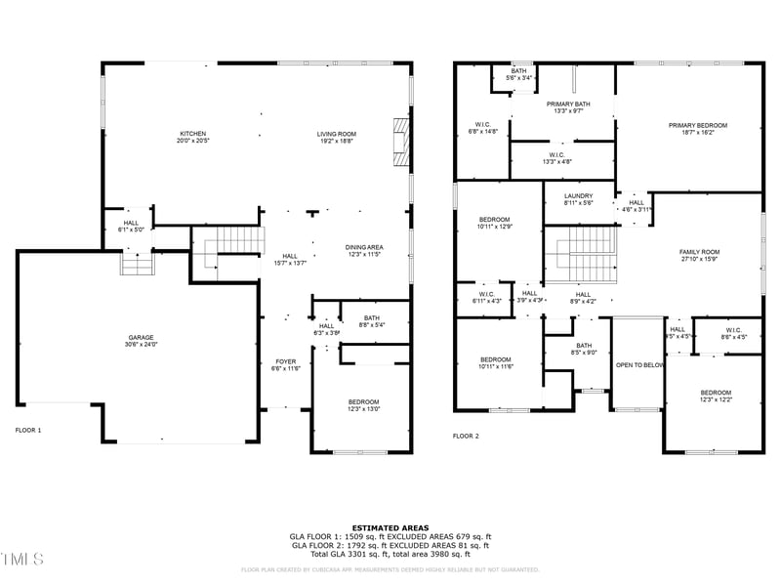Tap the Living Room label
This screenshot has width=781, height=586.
336,138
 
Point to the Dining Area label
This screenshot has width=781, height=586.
363,251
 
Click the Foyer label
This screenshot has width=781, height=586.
285,364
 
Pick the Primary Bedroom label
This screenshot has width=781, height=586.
697,129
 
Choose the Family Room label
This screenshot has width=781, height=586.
699,255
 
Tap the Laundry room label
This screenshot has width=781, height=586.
578,199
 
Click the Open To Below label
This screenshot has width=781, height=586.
639,365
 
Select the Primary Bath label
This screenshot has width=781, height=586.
567,107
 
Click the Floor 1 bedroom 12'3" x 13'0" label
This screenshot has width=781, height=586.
363,405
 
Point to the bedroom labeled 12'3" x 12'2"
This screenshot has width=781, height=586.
715,396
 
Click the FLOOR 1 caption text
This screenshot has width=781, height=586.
28,430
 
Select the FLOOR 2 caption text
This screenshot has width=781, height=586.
466,436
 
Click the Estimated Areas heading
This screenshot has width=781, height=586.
390,527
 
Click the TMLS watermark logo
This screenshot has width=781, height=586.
21,559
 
